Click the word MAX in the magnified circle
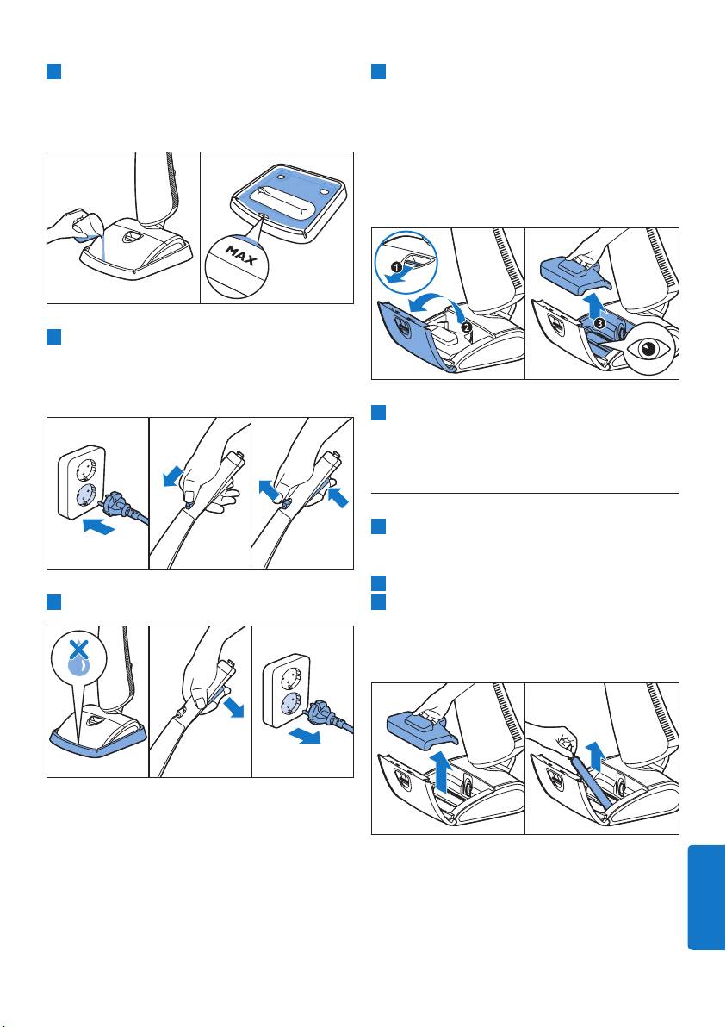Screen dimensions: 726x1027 pos(241,255)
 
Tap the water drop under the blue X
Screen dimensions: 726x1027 pos(78,666)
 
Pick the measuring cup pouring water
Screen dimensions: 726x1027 pos(84,228)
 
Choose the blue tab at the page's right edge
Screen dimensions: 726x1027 pos(706,897)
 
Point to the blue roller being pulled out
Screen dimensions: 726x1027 pos(591,779)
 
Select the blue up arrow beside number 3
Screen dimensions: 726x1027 pos(593,306)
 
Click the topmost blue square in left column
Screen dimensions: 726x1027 pos(53,72)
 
